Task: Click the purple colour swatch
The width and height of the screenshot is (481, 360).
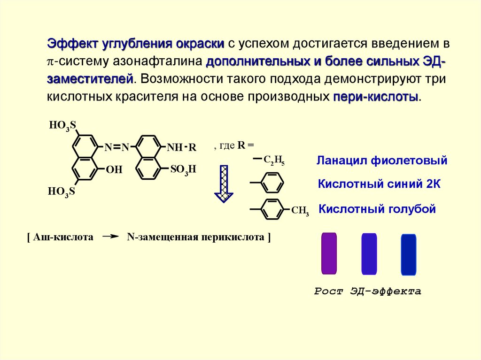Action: tap(329, 253)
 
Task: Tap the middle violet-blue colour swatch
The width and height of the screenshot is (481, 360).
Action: tap(369, 254)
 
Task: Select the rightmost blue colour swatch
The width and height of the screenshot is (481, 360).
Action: tap(409, 254)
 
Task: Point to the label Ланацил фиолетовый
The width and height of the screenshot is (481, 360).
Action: tap(381, 161)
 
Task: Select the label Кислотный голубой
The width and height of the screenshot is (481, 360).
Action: tap(377, 209)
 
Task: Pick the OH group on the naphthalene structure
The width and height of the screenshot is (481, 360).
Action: tap(114, 169)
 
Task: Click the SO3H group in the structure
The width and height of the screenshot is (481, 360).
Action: tap(182, 169)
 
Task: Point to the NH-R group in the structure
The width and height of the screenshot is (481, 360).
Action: tap(181, 147)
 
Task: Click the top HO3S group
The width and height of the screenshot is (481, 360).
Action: tap(62, 125)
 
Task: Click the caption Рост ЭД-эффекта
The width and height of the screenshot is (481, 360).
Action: tap(367, 291)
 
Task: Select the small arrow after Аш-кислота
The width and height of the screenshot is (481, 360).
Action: tap(110, 237)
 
